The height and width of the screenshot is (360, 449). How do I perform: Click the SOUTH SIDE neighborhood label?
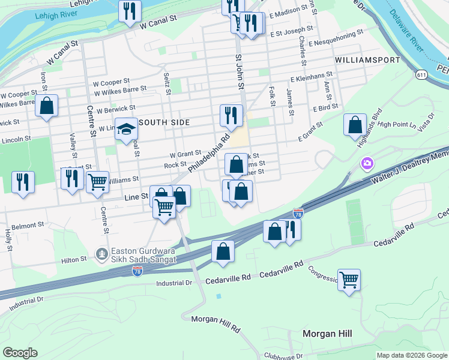click(164, 122)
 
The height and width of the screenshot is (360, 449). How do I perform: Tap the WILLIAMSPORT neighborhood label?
click(367, 61)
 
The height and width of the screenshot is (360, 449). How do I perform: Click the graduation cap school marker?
click(127, 129)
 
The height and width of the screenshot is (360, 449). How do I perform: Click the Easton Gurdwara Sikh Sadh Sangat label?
click(143, 256)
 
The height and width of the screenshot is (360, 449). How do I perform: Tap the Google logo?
click(20, 353)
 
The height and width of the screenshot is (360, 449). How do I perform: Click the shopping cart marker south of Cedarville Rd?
click(349, 279)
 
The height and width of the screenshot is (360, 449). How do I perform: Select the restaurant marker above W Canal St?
click(130, 11)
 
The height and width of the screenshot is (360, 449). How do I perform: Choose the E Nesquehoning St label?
click(336, 43)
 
